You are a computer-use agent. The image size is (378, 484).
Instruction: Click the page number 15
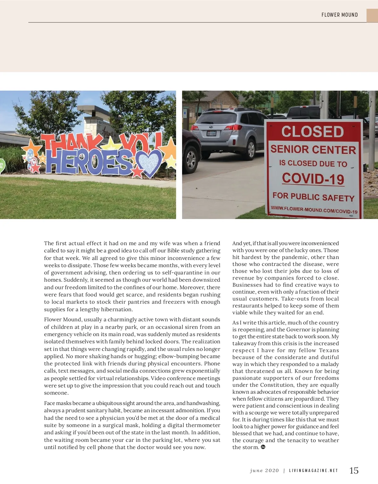coord(354,470)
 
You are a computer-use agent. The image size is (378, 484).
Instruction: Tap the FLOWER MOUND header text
coord(340,15)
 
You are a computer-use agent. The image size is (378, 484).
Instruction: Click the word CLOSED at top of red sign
coord(312,132)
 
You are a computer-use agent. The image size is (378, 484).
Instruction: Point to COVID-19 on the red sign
coord(313,179)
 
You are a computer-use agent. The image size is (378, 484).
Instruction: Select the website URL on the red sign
coord(314,210)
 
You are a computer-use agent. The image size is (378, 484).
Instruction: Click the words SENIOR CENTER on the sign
coord(313,149)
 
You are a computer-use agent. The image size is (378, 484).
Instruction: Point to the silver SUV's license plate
coord(211,133)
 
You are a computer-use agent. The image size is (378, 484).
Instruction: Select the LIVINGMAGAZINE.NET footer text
coord(313,471)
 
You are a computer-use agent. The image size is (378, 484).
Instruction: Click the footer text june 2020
coord(264,471)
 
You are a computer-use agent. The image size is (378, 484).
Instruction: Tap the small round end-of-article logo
coord(263,447)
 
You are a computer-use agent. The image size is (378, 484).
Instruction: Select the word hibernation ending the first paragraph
coord(116,309)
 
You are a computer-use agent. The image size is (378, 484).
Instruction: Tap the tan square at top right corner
coord(372,15)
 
